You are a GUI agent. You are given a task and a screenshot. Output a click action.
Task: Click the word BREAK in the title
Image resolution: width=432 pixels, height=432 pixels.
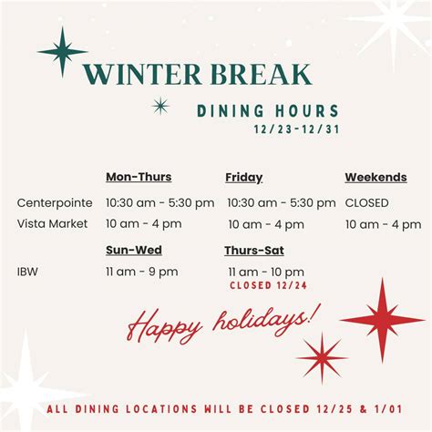(x=263, y=75)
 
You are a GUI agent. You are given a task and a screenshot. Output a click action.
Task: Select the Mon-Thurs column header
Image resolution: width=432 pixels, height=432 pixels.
(x=139, y=177)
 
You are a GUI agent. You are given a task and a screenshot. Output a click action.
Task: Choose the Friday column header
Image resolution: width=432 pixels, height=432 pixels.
(x=243, y=177)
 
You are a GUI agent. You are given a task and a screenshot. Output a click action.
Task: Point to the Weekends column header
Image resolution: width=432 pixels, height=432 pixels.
(x=375, y=177)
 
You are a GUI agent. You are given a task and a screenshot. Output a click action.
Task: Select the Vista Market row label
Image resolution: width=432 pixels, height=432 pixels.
(x=52, y=224)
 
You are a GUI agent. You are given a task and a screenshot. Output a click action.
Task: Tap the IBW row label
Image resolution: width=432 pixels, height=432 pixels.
(x=28, y=271)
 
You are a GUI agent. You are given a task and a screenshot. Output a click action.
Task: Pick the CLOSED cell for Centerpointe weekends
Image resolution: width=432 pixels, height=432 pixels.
(x=366, y=202)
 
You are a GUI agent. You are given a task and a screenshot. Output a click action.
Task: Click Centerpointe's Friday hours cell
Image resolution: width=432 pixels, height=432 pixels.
(x=281, y=202)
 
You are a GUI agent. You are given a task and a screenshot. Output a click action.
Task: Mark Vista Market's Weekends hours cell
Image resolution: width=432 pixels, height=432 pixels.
(x=383, y=224)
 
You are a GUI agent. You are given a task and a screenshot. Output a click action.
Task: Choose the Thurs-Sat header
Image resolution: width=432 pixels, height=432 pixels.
(x=253, y=248)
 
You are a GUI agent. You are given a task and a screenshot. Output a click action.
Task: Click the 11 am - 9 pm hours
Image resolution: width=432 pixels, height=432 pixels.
(x=141, y=271)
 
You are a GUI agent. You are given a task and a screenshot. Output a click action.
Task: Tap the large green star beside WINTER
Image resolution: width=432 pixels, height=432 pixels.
(x=62, y=51)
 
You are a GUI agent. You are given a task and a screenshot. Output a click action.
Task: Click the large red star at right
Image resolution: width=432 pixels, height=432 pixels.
(x=382, y=320)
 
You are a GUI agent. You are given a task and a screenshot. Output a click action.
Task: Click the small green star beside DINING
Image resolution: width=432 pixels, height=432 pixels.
(x=160, y=106)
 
